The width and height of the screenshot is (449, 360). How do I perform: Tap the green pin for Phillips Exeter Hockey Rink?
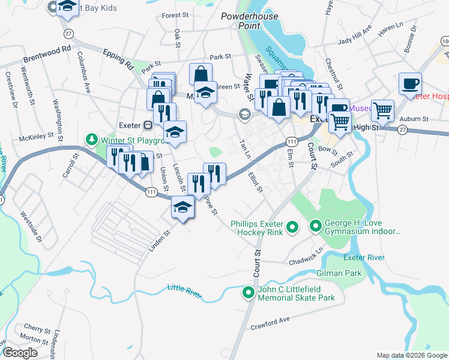click(x=292, y=226)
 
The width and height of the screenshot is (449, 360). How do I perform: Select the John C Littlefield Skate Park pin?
click(x=247, y=293)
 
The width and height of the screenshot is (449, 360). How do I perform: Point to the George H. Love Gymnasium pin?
click(x=315, y=226)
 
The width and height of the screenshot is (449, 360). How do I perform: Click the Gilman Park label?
click(x=343, y=273)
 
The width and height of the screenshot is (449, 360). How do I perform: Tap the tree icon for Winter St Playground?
click(x=91, y=140)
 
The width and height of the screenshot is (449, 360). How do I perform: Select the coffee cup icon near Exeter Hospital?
click(x=410, y=84)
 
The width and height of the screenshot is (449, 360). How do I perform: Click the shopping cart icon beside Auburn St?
click(x=382, y=110)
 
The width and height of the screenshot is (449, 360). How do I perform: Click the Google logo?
click(x=20, y=353)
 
